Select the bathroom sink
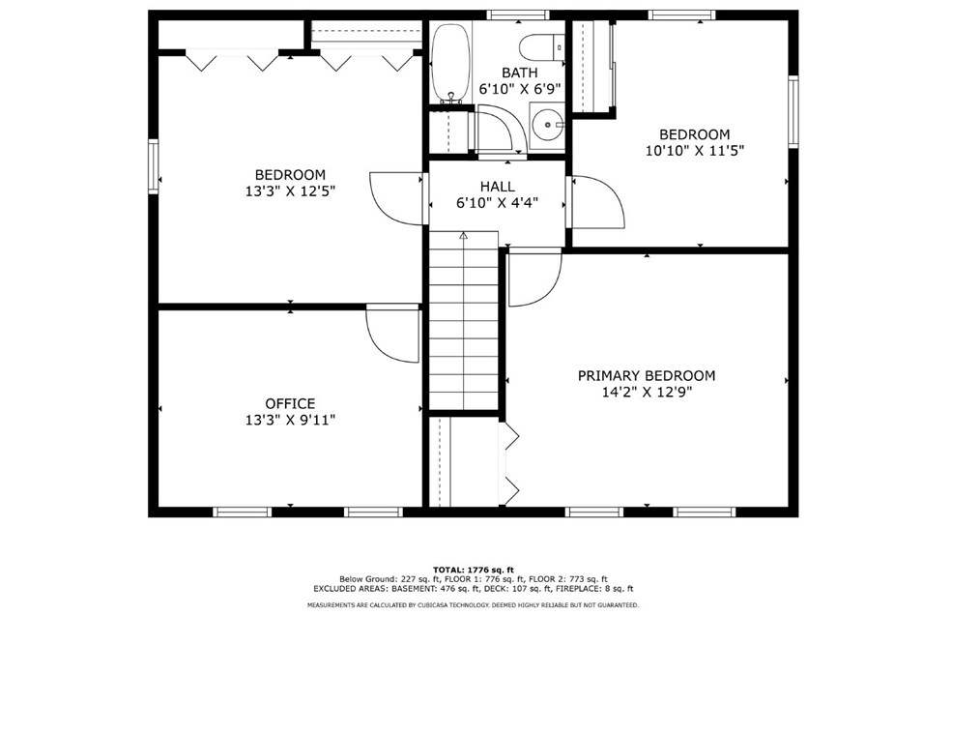pyautogui.click(x=548, y=124)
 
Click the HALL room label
pyautogui.click(x=497, y=186)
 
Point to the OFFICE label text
pyautogui.click(x=290, y=403)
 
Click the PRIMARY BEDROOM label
pyautogui.click(x=647, y=375)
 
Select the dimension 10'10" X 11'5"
pyautogui.click(x=695, y=151)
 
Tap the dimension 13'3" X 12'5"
pyautogui.click(x=290, y=191)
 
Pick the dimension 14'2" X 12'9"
pyautogui.click(x=647, y=392)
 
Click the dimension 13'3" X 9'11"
pyautogui.click(x=290, y=420)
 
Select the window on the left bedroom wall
pyautogui.click(x=153, y=166)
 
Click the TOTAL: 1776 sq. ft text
pyautogui.click(x=474, y=570)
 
